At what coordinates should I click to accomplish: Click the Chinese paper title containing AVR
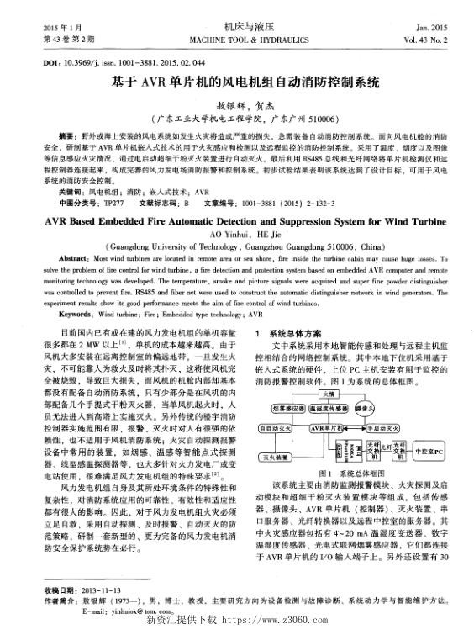(x=237, y=85)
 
